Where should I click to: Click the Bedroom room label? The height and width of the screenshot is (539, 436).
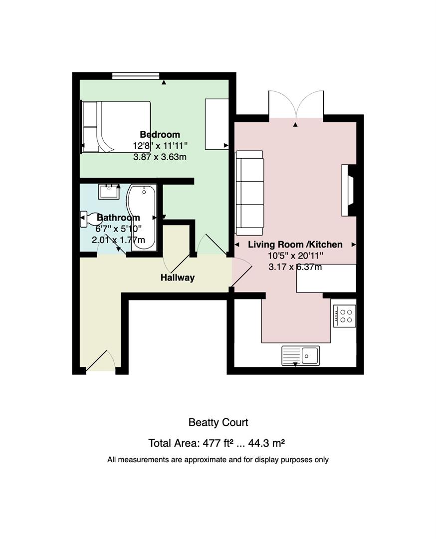(x=160, y=134)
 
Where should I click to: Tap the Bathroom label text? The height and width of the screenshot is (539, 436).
(x=118, y=218)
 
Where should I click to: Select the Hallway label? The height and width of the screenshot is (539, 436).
(x=178, y=277)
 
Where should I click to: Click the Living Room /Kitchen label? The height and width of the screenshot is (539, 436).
(x=295, y=245)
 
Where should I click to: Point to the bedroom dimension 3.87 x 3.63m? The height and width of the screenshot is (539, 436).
(x=160, y=157)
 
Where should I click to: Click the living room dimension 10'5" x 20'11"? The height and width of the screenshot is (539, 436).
(x=295, y=256)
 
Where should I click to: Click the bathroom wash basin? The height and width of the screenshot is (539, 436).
(x=109, y=192)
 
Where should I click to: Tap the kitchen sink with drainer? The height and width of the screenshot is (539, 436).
(x=301, y=355)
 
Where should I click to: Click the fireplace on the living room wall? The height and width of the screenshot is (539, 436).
(x=348, y=190)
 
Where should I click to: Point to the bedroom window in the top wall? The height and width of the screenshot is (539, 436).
(x=136, y=76)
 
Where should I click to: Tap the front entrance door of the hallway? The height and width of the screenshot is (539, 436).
(x=100, y=361)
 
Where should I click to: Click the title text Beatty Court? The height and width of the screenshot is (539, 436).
(x=218, y=423)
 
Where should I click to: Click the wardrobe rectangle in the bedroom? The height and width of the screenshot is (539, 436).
(x=217, y=124)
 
